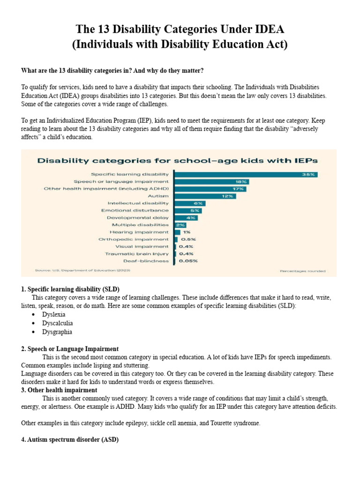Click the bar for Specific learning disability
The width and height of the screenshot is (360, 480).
(x=246, y=174)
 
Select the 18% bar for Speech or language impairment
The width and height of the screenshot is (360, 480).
(x=211, y=181)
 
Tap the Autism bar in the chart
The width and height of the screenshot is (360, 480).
(x=205, y=196)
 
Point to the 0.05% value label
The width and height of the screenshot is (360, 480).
(x=188, y=261)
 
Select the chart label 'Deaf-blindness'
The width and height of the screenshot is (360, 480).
(x=146, y=261)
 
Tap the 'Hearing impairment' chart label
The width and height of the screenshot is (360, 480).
(x=139, y=232)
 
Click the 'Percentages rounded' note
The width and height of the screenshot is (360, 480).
(x=302, y=271)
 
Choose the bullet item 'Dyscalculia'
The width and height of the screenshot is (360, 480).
(x=57, y=323)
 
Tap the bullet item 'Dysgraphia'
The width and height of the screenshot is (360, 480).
(x=57, y=331)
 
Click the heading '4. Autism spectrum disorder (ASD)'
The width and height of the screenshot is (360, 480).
(x=70, y=440)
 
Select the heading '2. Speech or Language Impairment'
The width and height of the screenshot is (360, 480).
(x=70, y=349)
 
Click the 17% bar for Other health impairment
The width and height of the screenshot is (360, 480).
(x=210, y=188)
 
